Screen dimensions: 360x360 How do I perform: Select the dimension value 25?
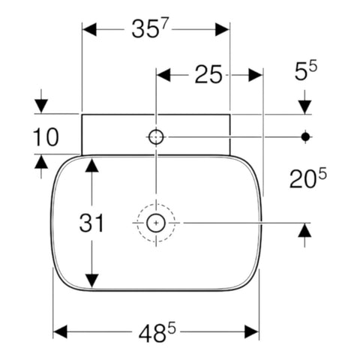[208, 74]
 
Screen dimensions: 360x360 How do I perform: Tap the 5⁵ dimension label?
[306, 71]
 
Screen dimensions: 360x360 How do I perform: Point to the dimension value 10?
[46, 136]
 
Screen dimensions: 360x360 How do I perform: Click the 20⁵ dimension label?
[308, 178]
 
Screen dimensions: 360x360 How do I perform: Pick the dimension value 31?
[91, 223]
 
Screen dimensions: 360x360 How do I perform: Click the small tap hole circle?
[156, 137]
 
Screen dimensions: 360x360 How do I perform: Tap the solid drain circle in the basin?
[156, 223]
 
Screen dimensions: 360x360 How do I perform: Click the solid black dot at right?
[305, 136]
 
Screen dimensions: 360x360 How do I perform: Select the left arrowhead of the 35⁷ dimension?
[89, 29]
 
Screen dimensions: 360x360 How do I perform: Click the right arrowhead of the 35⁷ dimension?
[222, 29]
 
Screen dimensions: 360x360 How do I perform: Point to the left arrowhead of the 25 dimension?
[163, 75]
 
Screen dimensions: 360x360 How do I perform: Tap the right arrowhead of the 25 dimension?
[256, 75]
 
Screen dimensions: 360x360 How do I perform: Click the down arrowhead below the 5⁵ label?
[304, 107]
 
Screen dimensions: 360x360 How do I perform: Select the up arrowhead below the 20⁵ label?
[304, 230]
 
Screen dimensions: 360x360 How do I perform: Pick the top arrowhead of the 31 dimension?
[91, 165]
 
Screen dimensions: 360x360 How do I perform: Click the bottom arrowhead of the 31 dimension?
[91, 281]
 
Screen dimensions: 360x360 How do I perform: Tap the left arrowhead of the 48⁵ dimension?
[60, 332]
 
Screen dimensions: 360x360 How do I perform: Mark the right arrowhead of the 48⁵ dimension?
[252, 332]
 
